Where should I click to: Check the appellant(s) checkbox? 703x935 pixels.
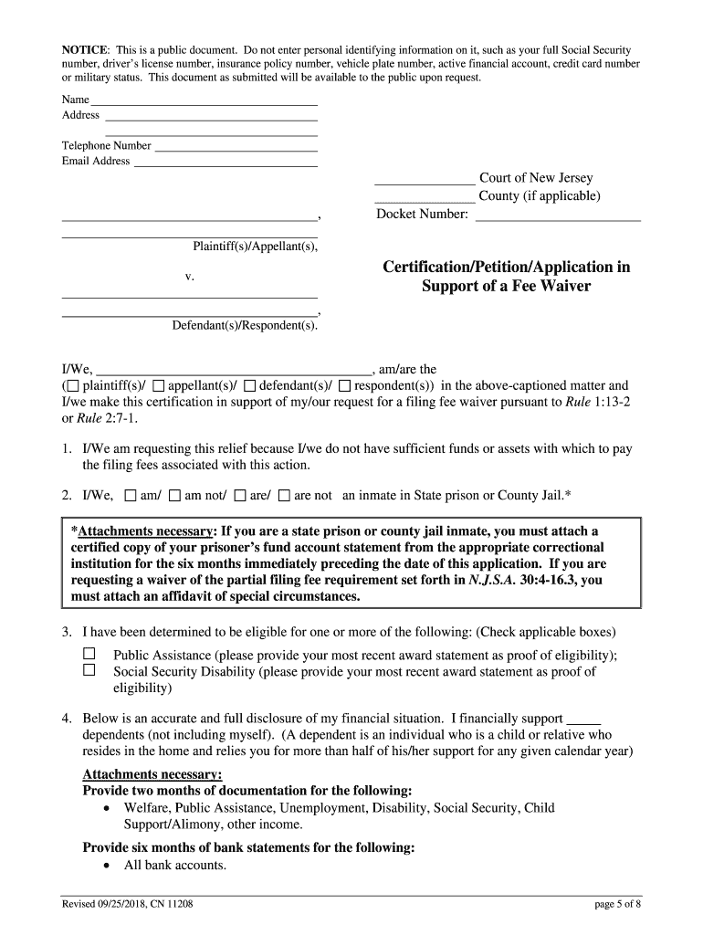click(x=159, y=385)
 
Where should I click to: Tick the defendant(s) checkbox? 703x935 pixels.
click(x=250, y=385)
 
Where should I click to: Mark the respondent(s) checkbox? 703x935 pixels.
click(x=344, y=385)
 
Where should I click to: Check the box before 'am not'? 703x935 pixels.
click(x=174, y=496)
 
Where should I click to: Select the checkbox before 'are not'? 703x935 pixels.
click(x=284, y=496)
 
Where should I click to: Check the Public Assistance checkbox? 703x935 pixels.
click(x=89, y=655)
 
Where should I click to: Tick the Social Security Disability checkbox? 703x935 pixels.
click(x=89, y=670)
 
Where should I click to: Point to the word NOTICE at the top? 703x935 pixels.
click(x=85, y=48)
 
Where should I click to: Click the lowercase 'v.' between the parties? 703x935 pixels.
click(x=190, y=275)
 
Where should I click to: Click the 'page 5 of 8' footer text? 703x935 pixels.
click(x=617, y=904)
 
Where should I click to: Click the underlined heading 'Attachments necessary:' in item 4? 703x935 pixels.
click(x=146, y=774)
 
